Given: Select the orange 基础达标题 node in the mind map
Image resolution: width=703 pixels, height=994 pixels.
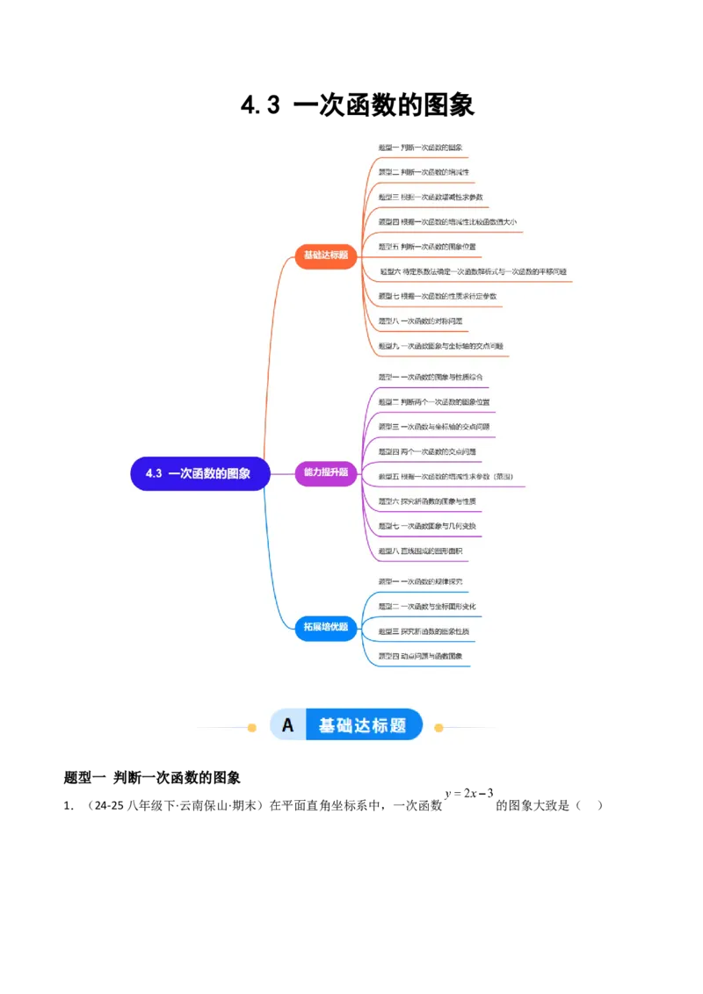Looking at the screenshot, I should click(326, 256).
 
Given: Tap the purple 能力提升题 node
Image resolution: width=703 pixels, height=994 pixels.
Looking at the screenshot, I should click(326, 472).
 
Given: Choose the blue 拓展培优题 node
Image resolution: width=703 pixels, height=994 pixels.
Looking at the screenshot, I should click(326, 627).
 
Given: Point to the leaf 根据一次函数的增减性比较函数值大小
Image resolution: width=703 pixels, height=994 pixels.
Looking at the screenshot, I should click(447, 221).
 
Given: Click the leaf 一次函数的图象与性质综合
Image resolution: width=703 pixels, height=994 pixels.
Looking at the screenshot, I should click(431, 378).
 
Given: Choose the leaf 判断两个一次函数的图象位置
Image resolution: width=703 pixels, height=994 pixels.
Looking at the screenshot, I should click(434, 402).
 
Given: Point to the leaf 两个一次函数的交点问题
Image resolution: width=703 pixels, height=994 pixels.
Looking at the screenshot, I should click(427, 451).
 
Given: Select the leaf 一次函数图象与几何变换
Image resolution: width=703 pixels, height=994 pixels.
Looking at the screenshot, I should click(427, 526).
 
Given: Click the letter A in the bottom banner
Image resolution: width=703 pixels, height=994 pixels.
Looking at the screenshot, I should click(287, 726).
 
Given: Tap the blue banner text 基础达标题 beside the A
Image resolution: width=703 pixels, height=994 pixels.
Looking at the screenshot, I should click(362, 726).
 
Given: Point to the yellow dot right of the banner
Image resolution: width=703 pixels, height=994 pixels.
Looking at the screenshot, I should click(439, 727).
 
